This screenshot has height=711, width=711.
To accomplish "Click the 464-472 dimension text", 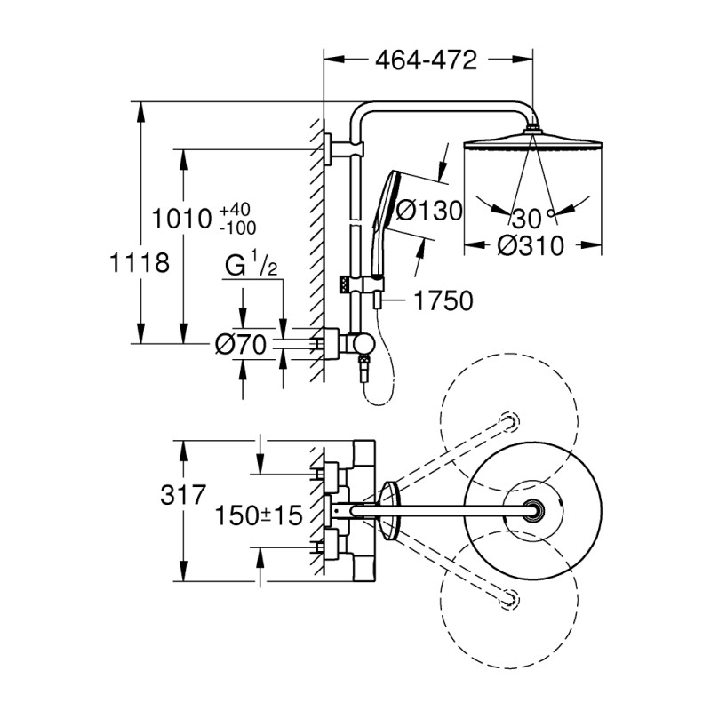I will click(427, 60).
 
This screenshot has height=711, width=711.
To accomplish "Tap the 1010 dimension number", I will click(181, 218).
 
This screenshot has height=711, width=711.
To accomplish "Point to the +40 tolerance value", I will click(235, 210).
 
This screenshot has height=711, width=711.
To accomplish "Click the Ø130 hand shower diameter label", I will click(429, 211).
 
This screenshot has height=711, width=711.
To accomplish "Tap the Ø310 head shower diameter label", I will click(531, 245).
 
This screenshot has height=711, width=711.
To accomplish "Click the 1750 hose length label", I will click(442, 301).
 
